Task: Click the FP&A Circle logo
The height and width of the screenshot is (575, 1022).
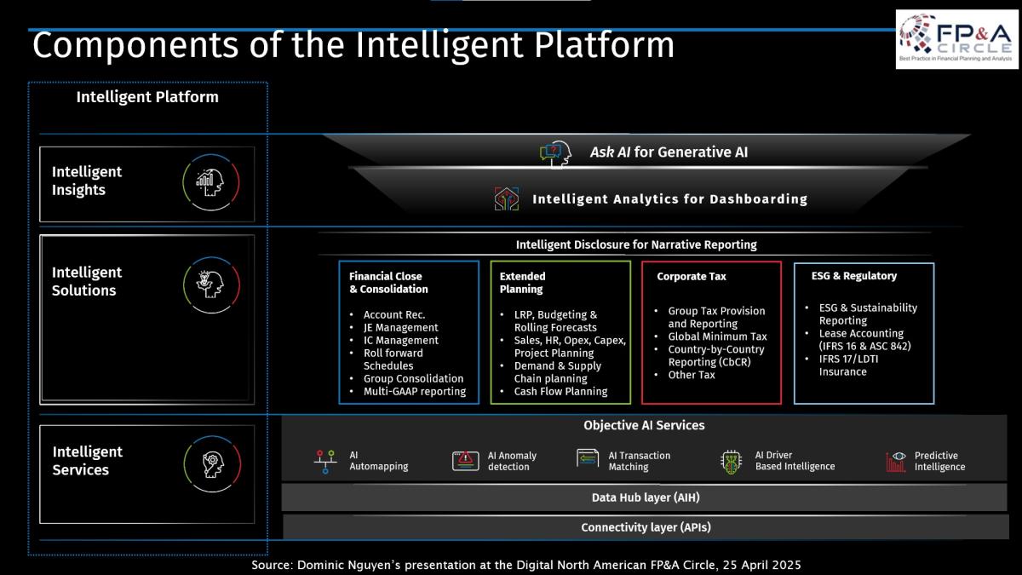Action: [956, 39]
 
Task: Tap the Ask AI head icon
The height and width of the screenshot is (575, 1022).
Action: [555, 154]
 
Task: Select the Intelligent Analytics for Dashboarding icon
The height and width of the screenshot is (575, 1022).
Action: [507, 198]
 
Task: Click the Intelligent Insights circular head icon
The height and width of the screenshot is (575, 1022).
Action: [211, 182]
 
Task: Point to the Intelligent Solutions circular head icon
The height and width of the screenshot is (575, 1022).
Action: [211, 285]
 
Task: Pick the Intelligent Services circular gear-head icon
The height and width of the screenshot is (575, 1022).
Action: [212, 464]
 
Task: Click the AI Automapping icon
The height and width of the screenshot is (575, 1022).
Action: [325, 462]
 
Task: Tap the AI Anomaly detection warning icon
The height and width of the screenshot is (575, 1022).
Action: [465, 461]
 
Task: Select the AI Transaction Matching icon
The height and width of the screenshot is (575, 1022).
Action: [587, 458]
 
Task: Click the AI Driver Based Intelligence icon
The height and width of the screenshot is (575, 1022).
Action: [732, 463]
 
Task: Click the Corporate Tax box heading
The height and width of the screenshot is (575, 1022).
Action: [692, 276]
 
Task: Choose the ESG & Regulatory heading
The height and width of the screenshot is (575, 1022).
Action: [853, 276]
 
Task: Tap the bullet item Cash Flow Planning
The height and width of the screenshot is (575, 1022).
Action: [560, 391]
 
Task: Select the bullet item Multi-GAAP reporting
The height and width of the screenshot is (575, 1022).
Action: [414, 391]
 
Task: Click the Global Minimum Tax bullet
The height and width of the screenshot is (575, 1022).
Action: [717, 336]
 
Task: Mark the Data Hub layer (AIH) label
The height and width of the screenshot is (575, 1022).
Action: [646, 497]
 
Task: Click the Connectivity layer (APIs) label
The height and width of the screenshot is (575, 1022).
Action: [646, 527]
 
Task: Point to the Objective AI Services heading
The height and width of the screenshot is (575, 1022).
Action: [644, 425]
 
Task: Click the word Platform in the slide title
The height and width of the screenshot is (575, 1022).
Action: [604, 45]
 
